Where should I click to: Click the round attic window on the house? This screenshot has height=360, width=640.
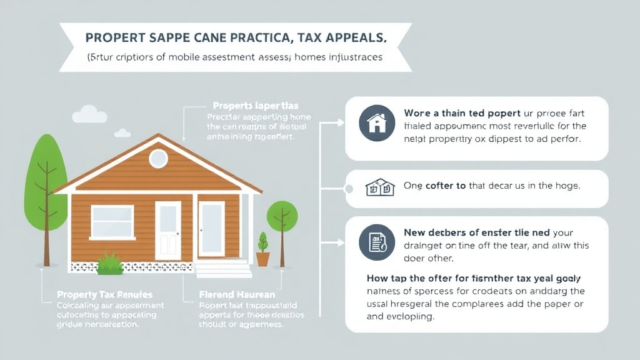click(158, 158)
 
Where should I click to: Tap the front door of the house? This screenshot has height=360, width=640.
click(167, 229)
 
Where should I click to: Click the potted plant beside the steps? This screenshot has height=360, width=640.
click(262, 251)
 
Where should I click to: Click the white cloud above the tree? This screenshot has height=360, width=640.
click(89, 114)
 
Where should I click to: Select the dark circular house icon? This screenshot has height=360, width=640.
click(376, 122)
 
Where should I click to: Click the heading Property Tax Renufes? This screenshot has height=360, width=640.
click(104, 294)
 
